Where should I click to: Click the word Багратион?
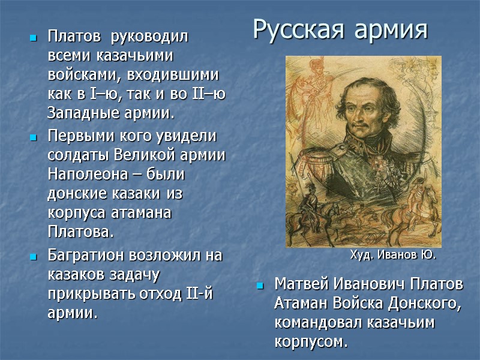click(x=83, y=255)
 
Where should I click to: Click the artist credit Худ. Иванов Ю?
click(x=392, y=255)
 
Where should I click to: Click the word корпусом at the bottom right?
click(x=310, y=343)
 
